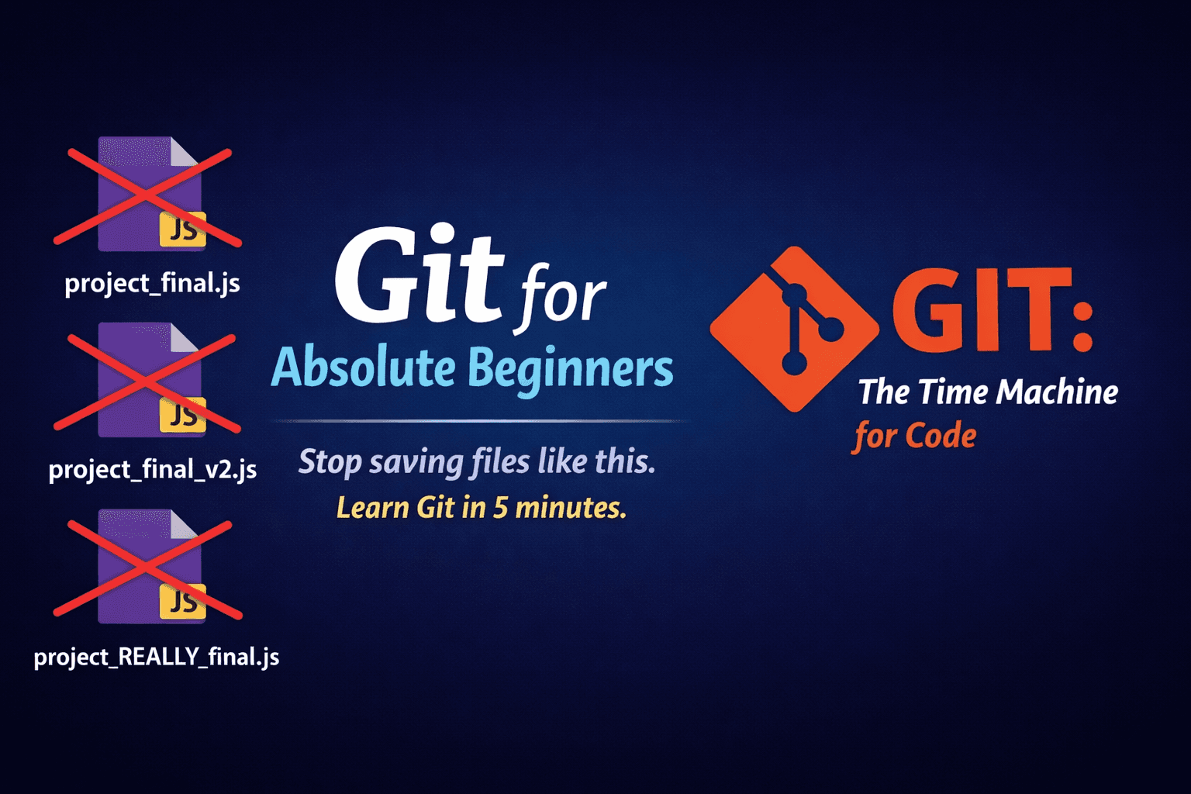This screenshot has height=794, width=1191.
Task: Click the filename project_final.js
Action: [x=152, y=283]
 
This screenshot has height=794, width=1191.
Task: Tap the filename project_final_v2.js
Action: [x=153, y=469]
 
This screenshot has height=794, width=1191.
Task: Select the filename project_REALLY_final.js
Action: [x=157, y=657]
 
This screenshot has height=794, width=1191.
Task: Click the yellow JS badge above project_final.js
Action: [x=183, y=230]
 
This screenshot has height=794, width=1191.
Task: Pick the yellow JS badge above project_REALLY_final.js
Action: [x=183, y=602]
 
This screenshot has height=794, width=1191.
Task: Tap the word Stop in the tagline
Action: [x=330, y=461]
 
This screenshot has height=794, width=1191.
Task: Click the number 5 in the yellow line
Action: [x=500, y=507]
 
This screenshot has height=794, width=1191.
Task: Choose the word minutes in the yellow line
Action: [x=571, y=507]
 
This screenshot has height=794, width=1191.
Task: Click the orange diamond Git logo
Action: [x=794, y=330]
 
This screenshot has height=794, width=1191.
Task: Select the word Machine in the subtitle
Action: [x=1057, y=392]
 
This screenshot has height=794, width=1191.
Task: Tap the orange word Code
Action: [x=941, y=436]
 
